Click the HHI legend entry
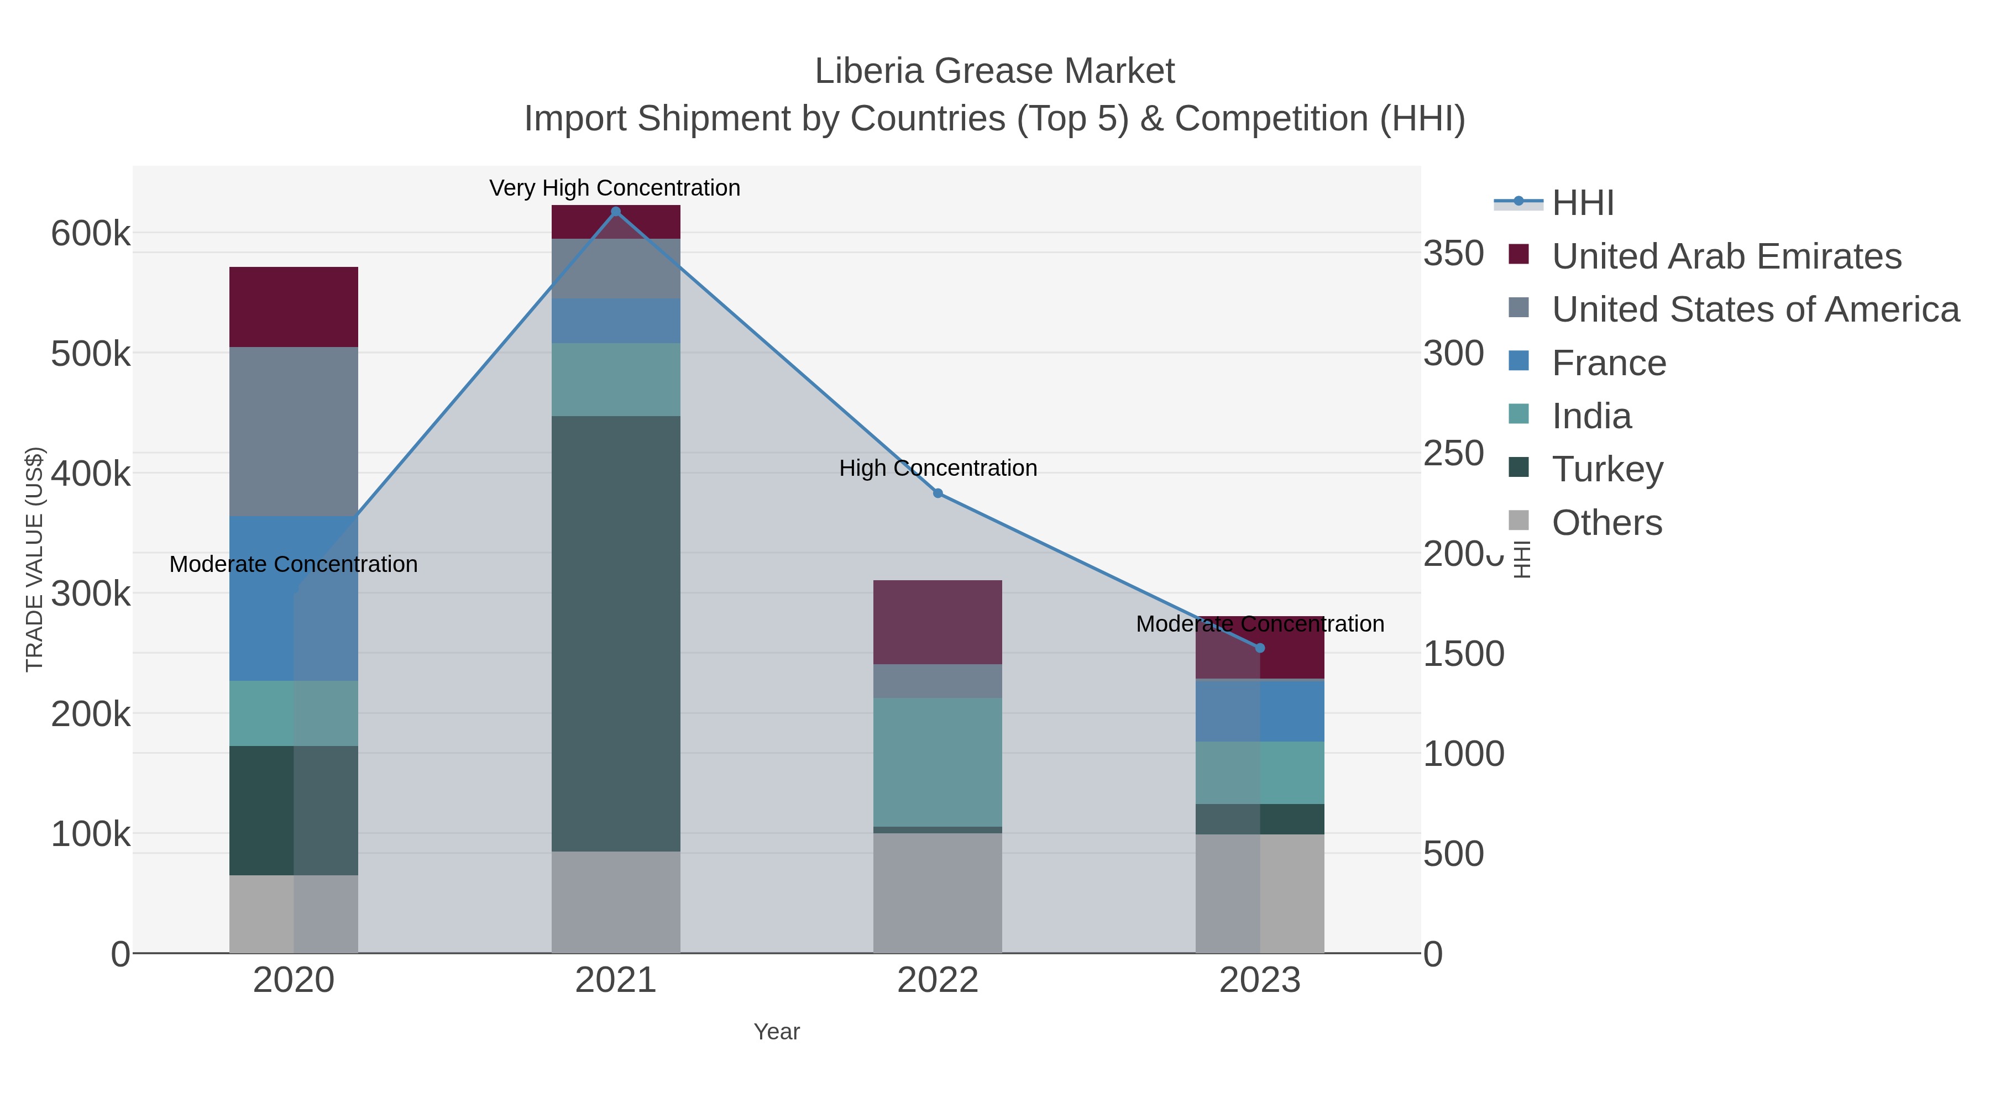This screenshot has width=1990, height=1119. click(1582, 203)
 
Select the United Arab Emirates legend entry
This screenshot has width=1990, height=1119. click(1726, 256)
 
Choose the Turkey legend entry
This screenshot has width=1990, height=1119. click(1607, 470)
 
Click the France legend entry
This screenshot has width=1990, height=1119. click(1609, 363)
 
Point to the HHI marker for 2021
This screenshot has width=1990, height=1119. click(616, 212)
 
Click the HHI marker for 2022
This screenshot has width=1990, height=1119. click(938, 493)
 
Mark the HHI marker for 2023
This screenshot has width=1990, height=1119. click(1260, 648)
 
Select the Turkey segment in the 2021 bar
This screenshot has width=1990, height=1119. click(616, 633)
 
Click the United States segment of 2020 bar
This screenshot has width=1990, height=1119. click(294, 431)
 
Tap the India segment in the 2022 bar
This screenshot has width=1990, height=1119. click(938, 762)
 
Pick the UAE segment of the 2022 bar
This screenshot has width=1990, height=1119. click(938, 622)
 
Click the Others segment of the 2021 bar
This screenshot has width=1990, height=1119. click(616, 902)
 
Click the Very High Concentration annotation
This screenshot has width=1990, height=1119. click(615, 188)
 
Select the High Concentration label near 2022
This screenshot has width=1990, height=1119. click(938, 468)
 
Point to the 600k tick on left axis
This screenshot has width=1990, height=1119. click(91, 234)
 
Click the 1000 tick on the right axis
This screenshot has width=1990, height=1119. click(1463, 754)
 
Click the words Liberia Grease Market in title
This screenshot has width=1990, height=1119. click(994, 71)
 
